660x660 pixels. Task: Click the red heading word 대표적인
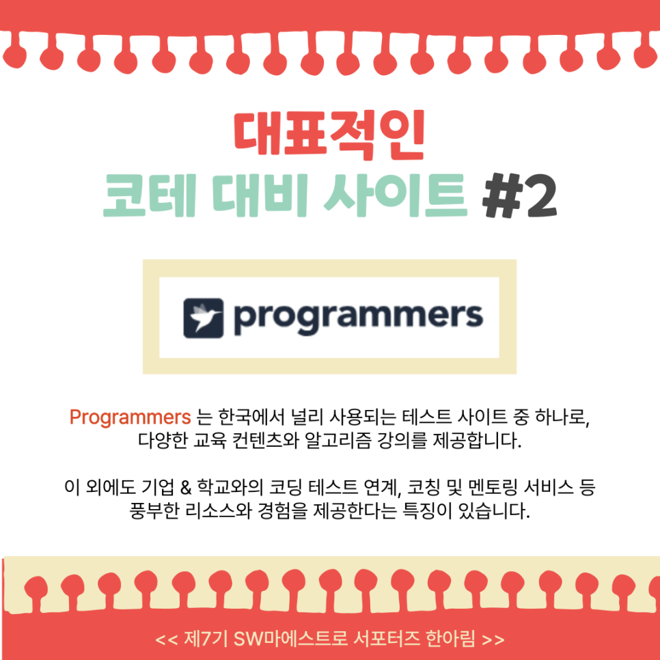pyautogui.click(x=329, y=135)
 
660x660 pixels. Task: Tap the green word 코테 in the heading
pyautogui.click(x=150, y=195)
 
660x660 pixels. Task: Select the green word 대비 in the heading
pyautogui.click(x=260, y=195)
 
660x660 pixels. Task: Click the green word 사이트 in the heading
pyautogui.click(x=396, y=195)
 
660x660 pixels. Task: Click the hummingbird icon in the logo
pyautogui.click(x=204, y=318)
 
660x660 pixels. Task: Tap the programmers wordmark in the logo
pyautogui.click(x=358, y=318)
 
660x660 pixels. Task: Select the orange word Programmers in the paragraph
pyautogui.click(x=130, y=417)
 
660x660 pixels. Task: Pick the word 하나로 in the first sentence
pyautogui.click(x=562, y=417)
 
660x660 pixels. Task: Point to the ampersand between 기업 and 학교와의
pyautogui.click(x=185, y=487)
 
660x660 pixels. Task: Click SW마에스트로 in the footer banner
pyautogui.click(x=290, y=639)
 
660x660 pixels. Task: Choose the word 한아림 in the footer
pyautogui.click(x=450, y=639)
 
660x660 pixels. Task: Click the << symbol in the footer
pyautogui.click(x=167, y=640)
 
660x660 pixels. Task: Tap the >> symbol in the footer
pyautogui.click(x=493, y=640)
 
